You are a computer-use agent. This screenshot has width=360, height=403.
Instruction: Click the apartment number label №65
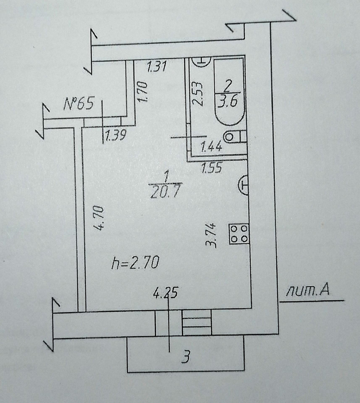pyautogui.click(x=78, y=104)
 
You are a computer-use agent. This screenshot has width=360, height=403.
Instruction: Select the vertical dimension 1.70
pyautogui.click(x=143, y=92)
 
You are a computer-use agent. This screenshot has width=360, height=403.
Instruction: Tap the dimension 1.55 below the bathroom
pyautogui.click(x=211, y=168)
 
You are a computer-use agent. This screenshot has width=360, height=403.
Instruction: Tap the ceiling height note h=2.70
pyautogui.click(x=135, y=263)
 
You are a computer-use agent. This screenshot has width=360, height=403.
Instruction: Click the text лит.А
pyautogui.click(x=308, y=290)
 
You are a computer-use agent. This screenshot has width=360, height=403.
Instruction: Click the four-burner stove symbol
pyautogui.click(x=239, y=234)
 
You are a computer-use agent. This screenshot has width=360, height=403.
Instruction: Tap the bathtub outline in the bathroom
pyautogui.click(x=229, y=92)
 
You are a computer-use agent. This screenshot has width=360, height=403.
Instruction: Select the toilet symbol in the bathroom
pyautogui.click(x=236, y=137)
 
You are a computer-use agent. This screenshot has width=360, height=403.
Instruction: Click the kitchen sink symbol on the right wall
pyautogui.click(x=243, y=185)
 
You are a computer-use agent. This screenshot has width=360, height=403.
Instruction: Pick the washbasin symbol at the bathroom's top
pyautogui.click(x=202, y=61)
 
